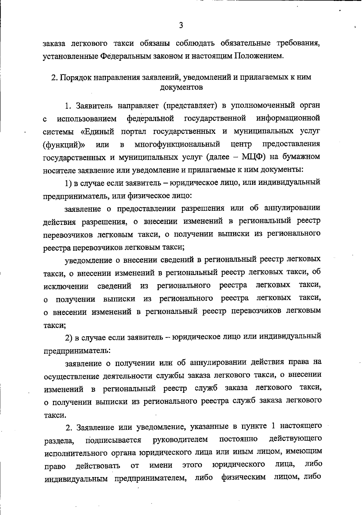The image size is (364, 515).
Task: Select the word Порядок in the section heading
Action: (x=74, y=77)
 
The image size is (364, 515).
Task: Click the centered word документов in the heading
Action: (x=181, y=88)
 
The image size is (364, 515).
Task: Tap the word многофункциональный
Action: (x=177, y=144)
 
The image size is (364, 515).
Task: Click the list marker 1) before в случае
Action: (x=69, y=183)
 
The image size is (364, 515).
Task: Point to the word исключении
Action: (x=66, y=286)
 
